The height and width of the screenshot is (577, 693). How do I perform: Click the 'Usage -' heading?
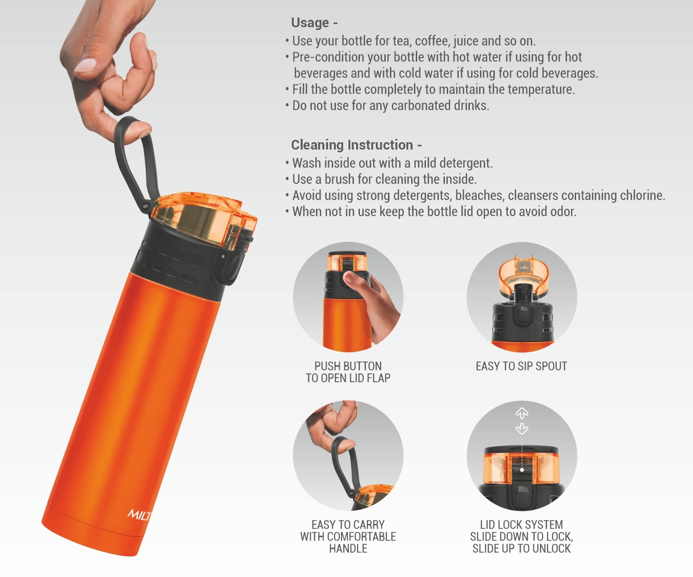(314, 23)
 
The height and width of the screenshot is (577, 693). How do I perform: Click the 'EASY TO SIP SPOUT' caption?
(522, 366)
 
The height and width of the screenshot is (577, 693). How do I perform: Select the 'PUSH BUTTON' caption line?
(348, 366)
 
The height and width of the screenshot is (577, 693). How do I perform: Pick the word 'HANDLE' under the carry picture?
(348, 548)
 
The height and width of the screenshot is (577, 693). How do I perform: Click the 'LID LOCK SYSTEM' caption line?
(522, 524)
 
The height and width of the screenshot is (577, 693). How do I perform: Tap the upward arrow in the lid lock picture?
(522, 413)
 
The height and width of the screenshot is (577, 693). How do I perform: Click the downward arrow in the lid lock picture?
(522, 428)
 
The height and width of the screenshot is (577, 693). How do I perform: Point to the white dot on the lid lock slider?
(522, 470)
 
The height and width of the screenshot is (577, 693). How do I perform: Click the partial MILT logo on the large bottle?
(140, 515)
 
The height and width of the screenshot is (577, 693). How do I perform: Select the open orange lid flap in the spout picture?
(522, 270)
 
